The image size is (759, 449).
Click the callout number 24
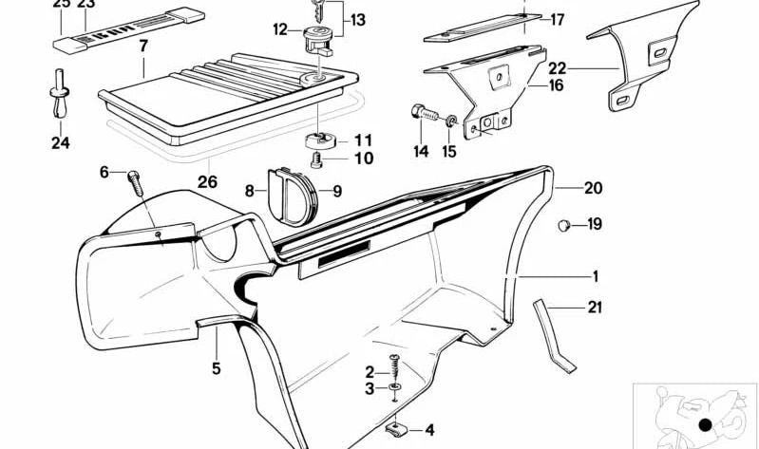(61, 145)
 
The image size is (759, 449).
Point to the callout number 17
(557, 19)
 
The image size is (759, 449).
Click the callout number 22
(557, 68)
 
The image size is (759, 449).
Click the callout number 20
(593, 189)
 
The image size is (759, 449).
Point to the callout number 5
(216, 368)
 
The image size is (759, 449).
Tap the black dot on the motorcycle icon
(704, 424)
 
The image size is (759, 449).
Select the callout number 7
(142, 46)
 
